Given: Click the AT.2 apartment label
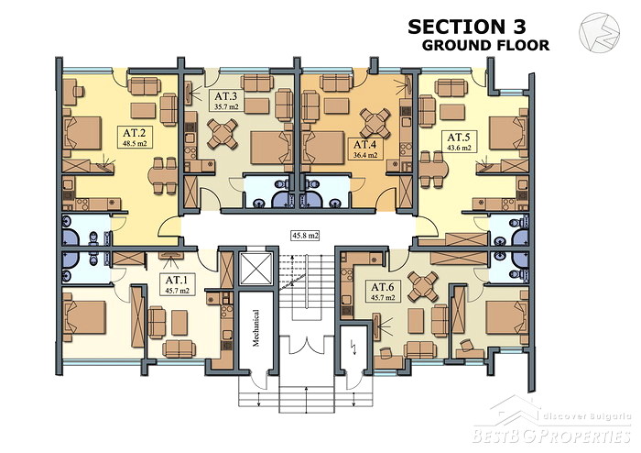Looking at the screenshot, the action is [135, 133].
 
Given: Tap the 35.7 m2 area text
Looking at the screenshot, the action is [226, 107].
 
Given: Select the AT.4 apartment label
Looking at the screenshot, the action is [365, 145].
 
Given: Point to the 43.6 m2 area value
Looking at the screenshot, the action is [459, 149].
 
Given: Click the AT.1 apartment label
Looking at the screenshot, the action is [177, 281].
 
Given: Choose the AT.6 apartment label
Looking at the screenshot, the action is [383, 287].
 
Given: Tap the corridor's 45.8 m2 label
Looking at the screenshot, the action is [305, 236].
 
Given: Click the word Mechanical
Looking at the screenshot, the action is [255, 327].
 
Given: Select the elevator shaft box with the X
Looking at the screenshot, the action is [256, 269].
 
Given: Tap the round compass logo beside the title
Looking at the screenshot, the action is [599, 33].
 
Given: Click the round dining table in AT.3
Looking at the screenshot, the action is [223, 134].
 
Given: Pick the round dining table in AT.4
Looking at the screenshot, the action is [375, 123].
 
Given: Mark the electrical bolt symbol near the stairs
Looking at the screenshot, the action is [354, 348].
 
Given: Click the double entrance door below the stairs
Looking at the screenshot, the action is [306, 345].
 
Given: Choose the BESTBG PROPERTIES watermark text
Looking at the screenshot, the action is [551, 436].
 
